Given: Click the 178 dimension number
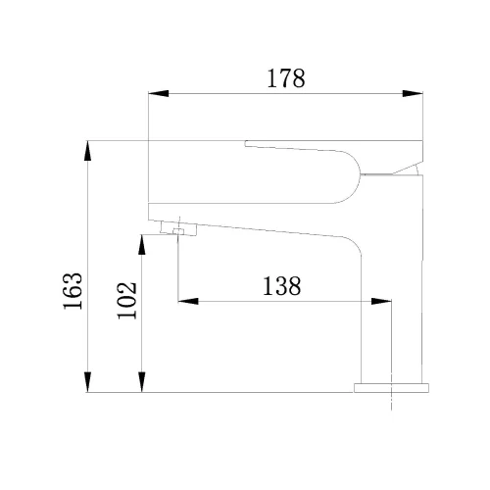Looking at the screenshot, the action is tap(286, 78).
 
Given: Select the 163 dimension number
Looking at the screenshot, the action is tap(73, 291).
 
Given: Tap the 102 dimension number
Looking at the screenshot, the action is tap(126, 301).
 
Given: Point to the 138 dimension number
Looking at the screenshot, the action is tap(281, 286).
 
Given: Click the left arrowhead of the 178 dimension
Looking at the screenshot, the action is tap(159, 93).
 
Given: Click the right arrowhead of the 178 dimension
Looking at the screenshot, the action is tap(413, 93).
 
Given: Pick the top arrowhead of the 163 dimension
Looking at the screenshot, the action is tap(87, 151).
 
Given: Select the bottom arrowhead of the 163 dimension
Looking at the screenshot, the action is tap(87, 382).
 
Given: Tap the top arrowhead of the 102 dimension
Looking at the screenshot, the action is tap(141, 245).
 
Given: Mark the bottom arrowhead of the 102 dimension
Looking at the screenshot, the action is tap(141, 382).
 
